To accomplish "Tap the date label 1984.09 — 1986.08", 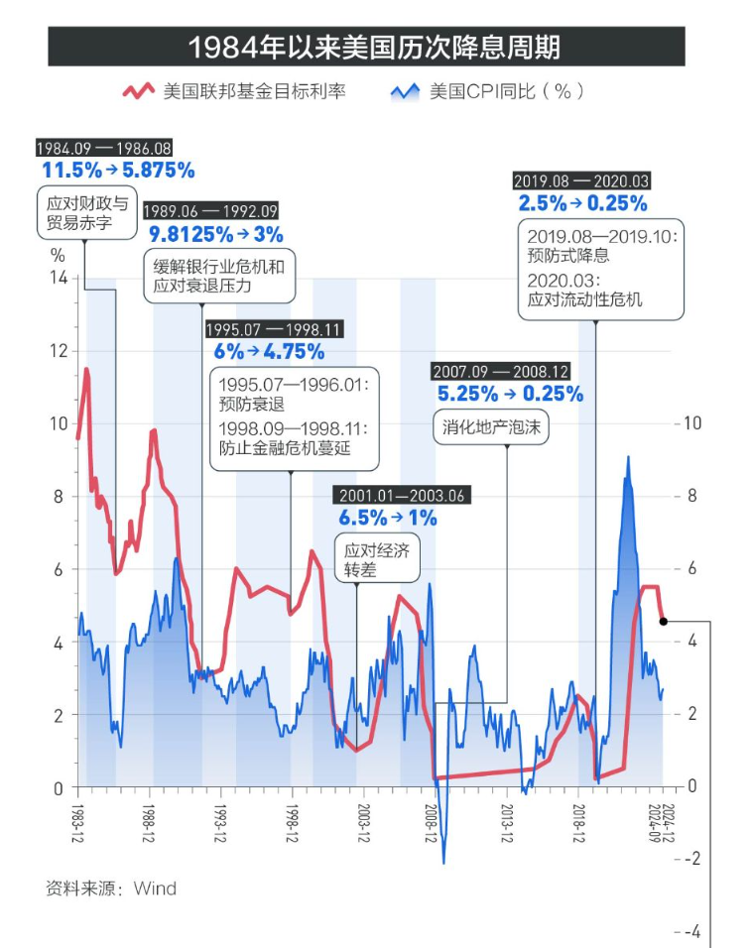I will (103, 148).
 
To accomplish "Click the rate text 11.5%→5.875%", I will (118, 170).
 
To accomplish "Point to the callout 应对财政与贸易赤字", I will (87, 213).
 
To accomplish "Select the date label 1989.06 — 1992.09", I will (210, 211).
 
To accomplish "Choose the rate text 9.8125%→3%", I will (216, 234).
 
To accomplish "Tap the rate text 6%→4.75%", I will (269, 351).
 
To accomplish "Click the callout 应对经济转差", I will (376, 560).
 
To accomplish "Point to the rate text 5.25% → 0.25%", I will (510, 394).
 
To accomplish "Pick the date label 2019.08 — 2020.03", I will (581, 181).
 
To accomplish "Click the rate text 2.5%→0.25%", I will (582, 203).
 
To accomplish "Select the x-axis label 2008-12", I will (433, 822).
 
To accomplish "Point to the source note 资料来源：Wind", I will (111, 888).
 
